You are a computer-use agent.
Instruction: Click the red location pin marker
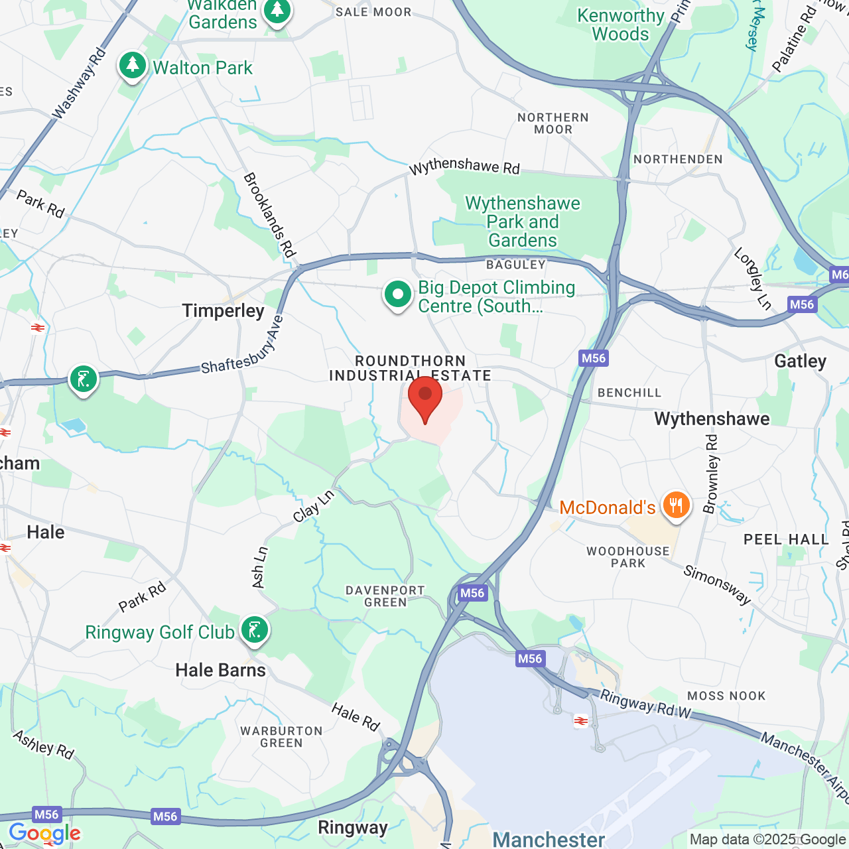425,398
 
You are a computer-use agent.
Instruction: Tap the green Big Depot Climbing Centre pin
397,295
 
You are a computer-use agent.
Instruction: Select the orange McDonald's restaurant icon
675,506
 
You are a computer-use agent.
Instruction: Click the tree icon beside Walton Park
133,66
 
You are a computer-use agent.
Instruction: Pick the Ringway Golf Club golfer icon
254,630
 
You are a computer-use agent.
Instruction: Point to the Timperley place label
224,311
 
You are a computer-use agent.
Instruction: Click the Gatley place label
800,361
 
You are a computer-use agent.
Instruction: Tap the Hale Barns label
220,671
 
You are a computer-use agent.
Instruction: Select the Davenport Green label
385,596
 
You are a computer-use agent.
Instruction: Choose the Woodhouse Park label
628,557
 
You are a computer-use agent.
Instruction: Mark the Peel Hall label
786,539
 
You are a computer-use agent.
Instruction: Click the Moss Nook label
726,696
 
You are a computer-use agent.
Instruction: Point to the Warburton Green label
281,737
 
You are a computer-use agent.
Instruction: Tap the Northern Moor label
553,123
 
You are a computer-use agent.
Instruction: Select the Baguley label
516,265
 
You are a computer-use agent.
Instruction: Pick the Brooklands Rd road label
269,215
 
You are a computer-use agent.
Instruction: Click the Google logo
44,834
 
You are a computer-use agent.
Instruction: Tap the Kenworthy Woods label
621,25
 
